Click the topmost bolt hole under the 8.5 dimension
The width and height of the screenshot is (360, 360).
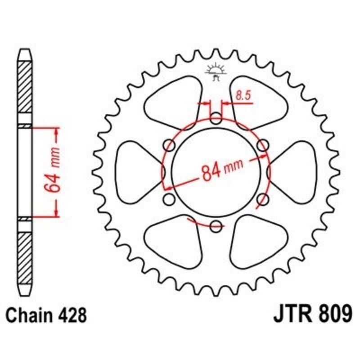pyautogui.click(x=216, y=120)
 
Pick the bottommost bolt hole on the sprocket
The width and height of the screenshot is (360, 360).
pyautogui.click(x=216, y=225)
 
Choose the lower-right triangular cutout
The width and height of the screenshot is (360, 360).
pyautogui.click(x=258, y=241)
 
